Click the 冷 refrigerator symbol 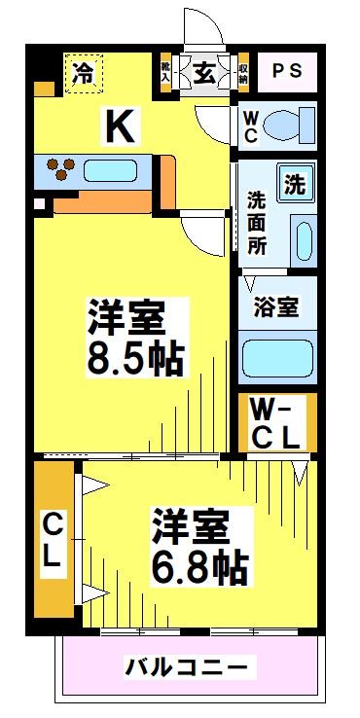click(85, 72)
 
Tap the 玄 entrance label click(204, 74)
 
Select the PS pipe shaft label click(286, 72)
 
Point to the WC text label click(251, 126)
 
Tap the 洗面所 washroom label click(256, 223)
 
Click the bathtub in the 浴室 click(276, 357)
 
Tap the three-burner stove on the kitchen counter click(61, 169)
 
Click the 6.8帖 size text click(200, 565)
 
